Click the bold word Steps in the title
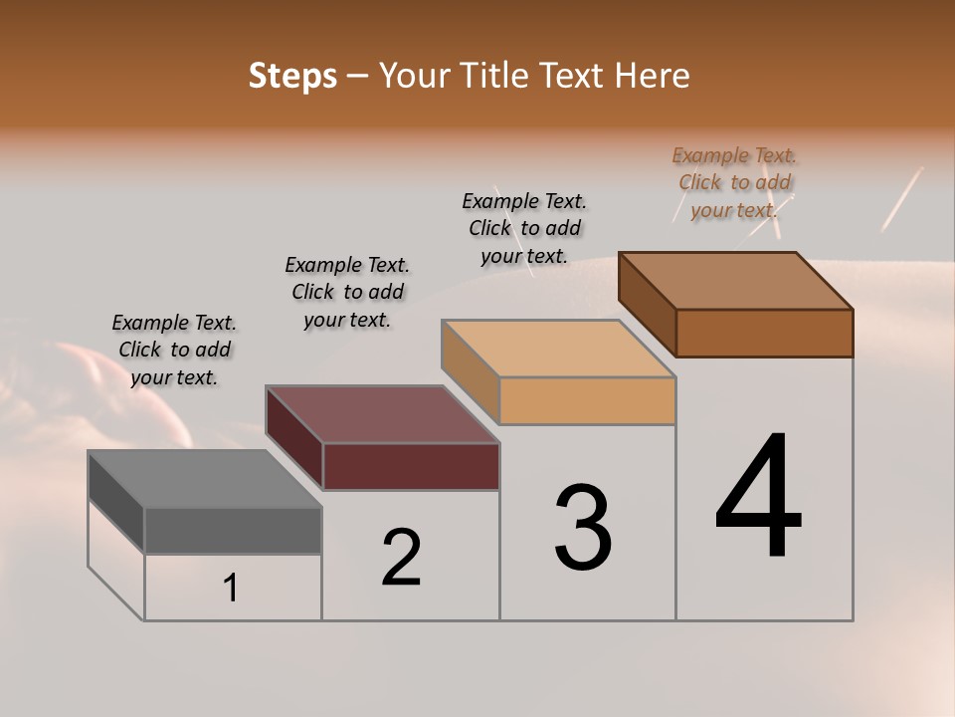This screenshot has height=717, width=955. tap(292, 76)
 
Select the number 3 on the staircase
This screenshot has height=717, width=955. tap(583, 528)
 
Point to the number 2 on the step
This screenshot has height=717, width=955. tap(402, 559)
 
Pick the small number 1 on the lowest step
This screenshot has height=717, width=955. tap(231, 589)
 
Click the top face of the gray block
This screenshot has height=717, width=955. tap(204, 479)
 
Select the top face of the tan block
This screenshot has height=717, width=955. tap(558, 349)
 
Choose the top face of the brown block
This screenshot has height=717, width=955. tap(736, 281)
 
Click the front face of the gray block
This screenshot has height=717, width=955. tap(233, 530)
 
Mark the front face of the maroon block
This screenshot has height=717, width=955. tap(411, 466)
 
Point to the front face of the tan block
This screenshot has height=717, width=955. tap(587, 400)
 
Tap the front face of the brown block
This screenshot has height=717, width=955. tap(764, 333)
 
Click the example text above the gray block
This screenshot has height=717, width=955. tap(174, 350)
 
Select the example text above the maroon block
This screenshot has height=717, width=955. tap(347, 292)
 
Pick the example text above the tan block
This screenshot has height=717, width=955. tap(524, 228)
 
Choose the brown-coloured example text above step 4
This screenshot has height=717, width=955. tap(734, 182)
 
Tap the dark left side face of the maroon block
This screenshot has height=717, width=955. tap(294, 437)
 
